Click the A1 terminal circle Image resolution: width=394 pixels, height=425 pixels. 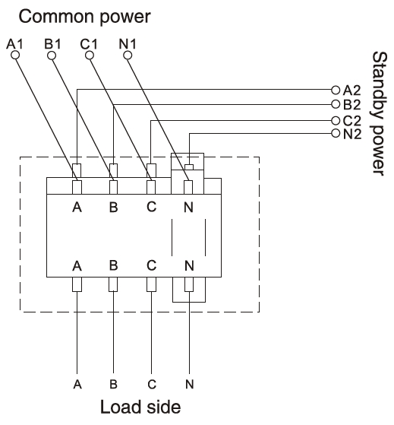coord(15,56)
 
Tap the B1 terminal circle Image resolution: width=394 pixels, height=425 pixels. coord(52,56)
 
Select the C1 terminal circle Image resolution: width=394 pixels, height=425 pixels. coord(90,56)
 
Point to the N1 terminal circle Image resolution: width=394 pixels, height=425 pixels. coord(128,56)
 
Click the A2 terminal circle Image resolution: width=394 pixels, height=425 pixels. coord(336,90)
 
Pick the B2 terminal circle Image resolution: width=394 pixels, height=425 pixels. coord(336,104)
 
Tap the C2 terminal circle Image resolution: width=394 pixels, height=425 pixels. coord(336,120)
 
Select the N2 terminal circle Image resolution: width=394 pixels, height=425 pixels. coord(336,133)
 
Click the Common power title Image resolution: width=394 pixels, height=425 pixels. coord(84,17)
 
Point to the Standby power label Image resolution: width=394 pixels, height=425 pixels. coord(380,113)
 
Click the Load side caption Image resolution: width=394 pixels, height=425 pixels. coord(140,407)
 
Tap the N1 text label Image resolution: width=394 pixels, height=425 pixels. coord(128,44)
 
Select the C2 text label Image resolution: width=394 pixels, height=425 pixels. coord(352,121)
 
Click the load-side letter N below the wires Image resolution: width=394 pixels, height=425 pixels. coord(190,384)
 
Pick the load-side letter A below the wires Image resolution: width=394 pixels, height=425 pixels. coord(77,384)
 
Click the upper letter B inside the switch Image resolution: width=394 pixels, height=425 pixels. coord(114,208)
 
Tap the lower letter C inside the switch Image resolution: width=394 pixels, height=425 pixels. coord(152,265)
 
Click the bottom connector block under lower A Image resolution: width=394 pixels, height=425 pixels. coord(77,284)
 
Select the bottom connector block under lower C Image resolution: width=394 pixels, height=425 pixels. coord(151,284)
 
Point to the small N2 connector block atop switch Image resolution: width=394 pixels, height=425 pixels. coord(189,167)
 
